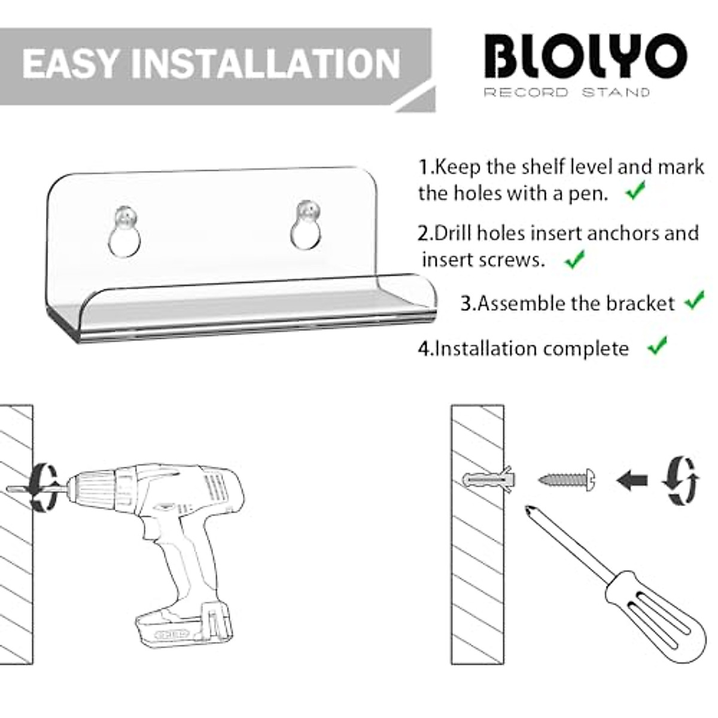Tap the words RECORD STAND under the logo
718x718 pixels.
pos(566,92)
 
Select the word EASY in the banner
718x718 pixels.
pos(71,63)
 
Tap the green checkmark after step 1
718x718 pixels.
pos(635,192)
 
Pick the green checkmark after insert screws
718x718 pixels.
pos(574,260)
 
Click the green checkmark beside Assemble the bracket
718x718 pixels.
pos(695,300)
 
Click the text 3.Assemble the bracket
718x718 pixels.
pos(567,303)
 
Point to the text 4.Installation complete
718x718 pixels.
pos(523,348)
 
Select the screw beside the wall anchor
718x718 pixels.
pos(565,479)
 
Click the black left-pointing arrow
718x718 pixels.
pos(632,480)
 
